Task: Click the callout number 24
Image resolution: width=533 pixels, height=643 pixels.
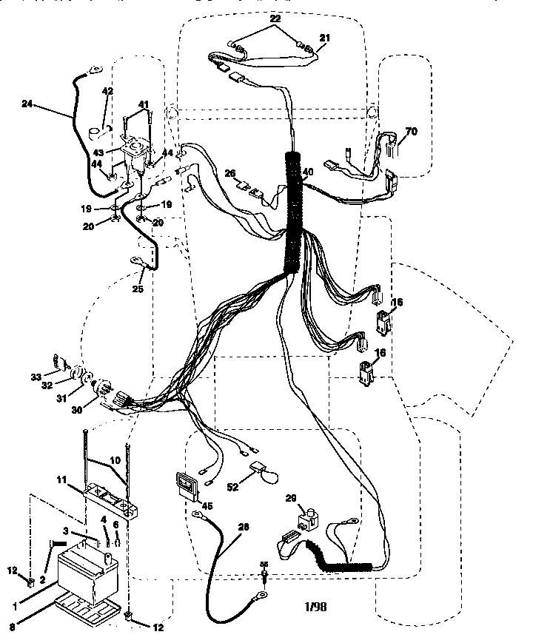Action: point(27,105)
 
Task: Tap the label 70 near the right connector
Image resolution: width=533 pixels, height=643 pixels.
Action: point(411,132)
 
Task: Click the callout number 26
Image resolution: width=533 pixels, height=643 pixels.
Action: point(230,174)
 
